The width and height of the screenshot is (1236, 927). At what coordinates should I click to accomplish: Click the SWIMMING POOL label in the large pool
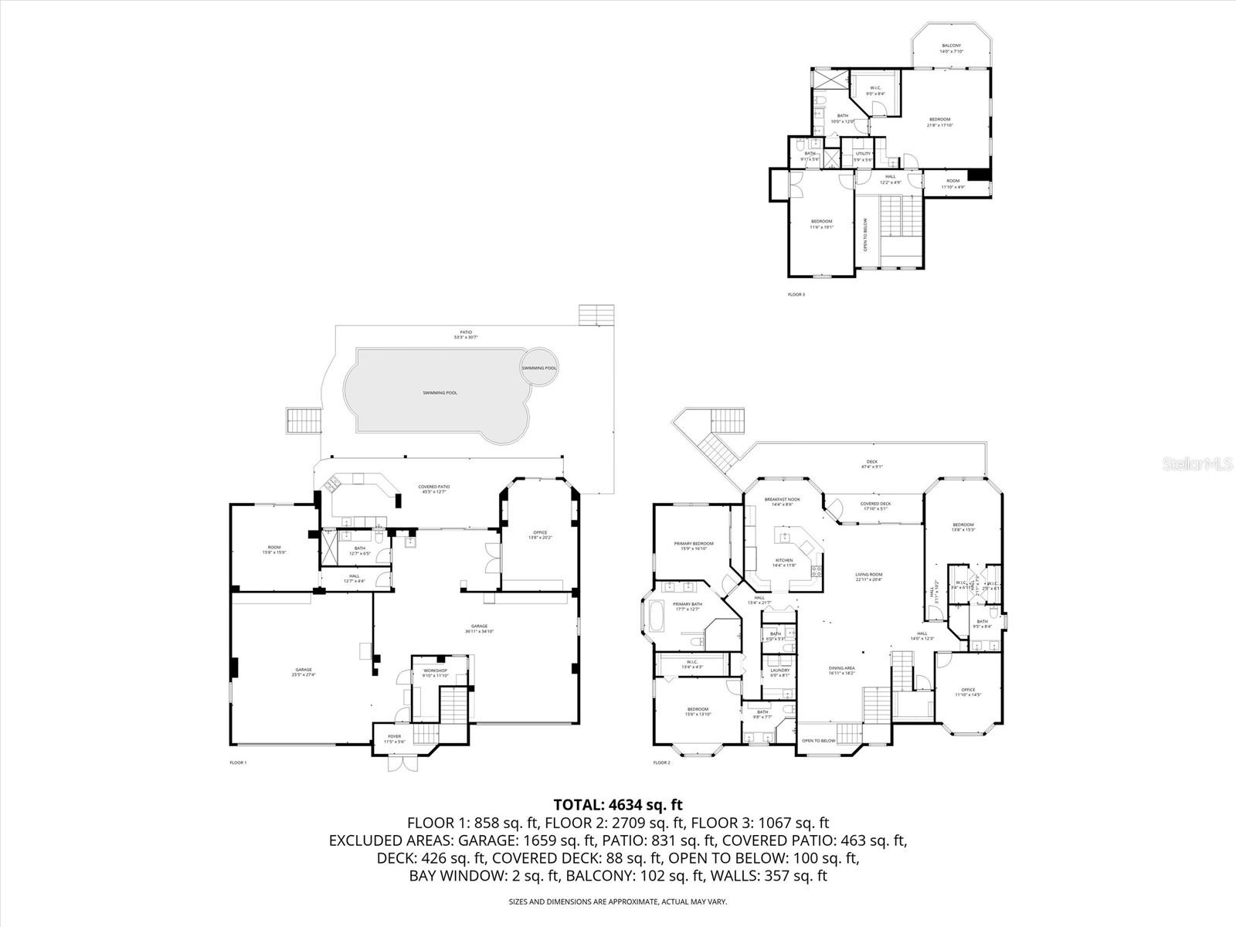click(x=440, y=392)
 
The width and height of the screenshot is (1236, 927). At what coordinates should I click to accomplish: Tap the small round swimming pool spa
click(x=538, y=368)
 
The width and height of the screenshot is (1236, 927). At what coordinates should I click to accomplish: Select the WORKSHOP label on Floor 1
click(x=435, y=671)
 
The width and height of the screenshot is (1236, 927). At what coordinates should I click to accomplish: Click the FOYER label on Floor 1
click(x=395, y=736)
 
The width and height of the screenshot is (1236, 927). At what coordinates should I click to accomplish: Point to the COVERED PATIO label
click(x=434, y=487)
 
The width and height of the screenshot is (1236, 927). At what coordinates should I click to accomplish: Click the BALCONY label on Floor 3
click(x=951, y=46)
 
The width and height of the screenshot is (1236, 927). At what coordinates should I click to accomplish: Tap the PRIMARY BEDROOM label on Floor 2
click(x=693, y=544)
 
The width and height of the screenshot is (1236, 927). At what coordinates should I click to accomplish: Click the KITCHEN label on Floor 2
click(x=784, y=560)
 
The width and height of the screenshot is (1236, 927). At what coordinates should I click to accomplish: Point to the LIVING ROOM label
click(x=868, y=575)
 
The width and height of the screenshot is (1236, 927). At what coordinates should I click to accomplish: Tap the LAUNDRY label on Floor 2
click(x=779, y=649)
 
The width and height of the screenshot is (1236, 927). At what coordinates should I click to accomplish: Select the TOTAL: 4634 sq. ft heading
click(x=618, y=806)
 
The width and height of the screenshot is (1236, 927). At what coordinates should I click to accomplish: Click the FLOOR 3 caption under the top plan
click(x=796, y=294)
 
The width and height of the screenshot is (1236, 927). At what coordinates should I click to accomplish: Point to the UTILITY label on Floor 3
click(x=863, y=154)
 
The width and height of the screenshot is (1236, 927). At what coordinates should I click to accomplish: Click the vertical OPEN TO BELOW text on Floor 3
click(x=865, y=235)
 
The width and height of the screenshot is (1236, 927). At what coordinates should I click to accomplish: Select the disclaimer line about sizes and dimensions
click(x=618, y=902)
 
